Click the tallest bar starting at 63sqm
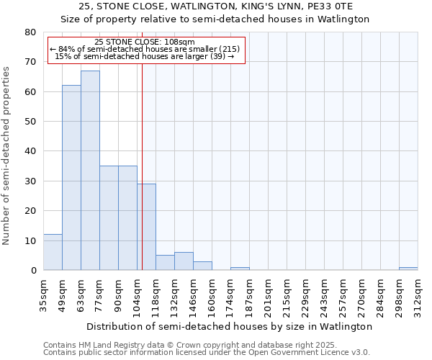(90, 171)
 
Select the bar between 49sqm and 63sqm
(71, 178)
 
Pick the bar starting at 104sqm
(146, 227)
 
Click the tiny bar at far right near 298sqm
(408, 269)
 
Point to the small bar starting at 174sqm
(240, 269)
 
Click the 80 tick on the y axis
(30, 32)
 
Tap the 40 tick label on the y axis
(30, 151)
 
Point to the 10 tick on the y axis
(30, 240)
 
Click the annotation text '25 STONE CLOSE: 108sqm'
(145, 42)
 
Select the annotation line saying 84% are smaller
(145, 50)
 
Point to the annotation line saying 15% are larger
(145, 56)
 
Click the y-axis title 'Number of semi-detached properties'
(6, 156)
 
